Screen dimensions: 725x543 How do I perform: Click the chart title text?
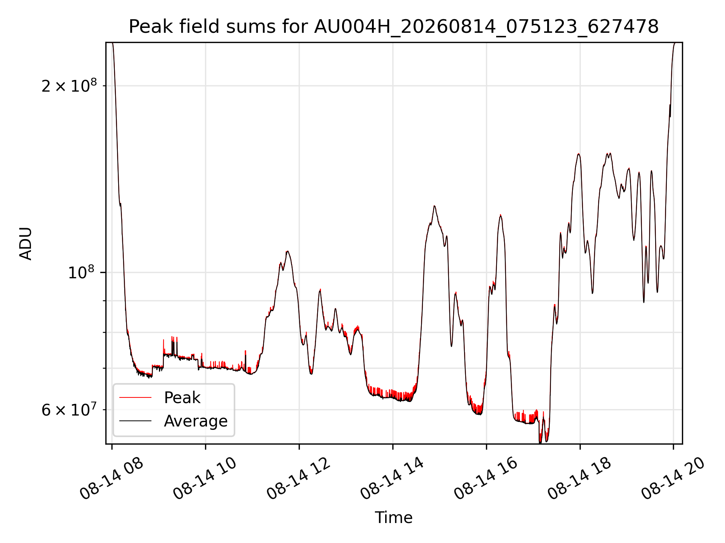coord(394,27)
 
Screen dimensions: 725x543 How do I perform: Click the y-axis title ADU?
coord(26,243)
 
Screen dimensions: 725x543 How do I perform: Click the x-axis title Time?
coord(394,517)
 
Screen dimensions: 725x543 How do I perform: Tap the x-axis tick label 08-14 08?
coord(112,478)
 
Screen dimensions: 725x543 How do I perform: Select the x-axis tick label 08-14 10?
coord(205,478)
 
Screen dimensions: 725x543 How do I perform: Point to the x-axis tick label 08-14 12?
coord(299,478)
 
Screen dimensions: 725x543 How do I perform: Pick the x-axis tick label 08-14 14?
coord(392,478)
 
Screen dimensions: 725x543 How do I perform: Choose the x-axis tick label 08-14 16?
coord(486,478)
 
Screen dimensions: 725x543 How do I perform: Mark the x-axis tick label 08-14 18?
coord(580,478)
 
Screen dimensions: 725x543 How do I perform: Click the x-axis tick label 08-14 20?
coord(673,478)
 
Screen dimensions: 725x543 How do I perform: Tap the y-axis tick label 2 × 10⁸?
coord(69,86)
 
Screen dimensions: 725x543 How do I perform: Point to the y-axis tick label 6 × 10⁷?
coord(69,410)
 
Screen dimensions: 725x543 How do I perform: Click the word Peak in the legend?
coord(182,398)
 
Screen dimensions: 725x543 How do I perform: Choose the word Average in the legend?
coord(196,421)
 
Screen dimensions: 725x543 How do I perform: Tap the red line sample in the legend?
coord(135,397)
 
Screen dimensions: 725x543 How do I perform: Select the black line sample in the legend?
coord(135,421)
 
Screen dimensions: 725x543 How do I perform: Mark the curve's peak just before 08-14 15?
coord(435,206)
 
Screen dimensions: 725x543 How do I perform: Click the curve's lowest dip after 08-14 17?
coord(540,442)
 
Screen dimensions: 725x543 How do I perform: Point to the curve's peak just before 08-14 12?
coord(288,251)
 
